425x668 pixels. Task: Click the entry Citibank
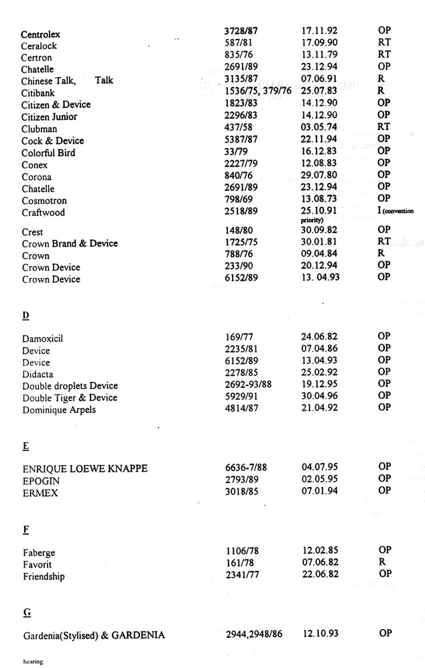click(x=38, y=93)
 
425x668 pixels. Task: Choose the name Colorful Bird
click(x=48, y=153)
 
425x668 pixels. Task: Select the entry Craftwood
click(x=44, y=212)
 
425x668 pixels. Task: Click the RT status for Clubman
click(x=384, y=127)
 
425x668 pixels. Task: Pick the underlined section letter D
click(x=25, y=315)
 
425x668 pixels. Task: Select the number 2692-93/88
click(x=251, y=385)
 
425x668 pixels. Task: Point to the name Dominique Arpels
click(x=59, y=409)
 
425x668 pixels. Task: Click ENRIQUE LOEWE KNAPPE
click(x=85, y=468)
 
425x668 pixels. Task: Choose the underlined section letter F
click(x=25, y=529)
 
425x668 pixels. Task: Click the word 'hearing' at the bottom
click(x=32, y=661)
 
